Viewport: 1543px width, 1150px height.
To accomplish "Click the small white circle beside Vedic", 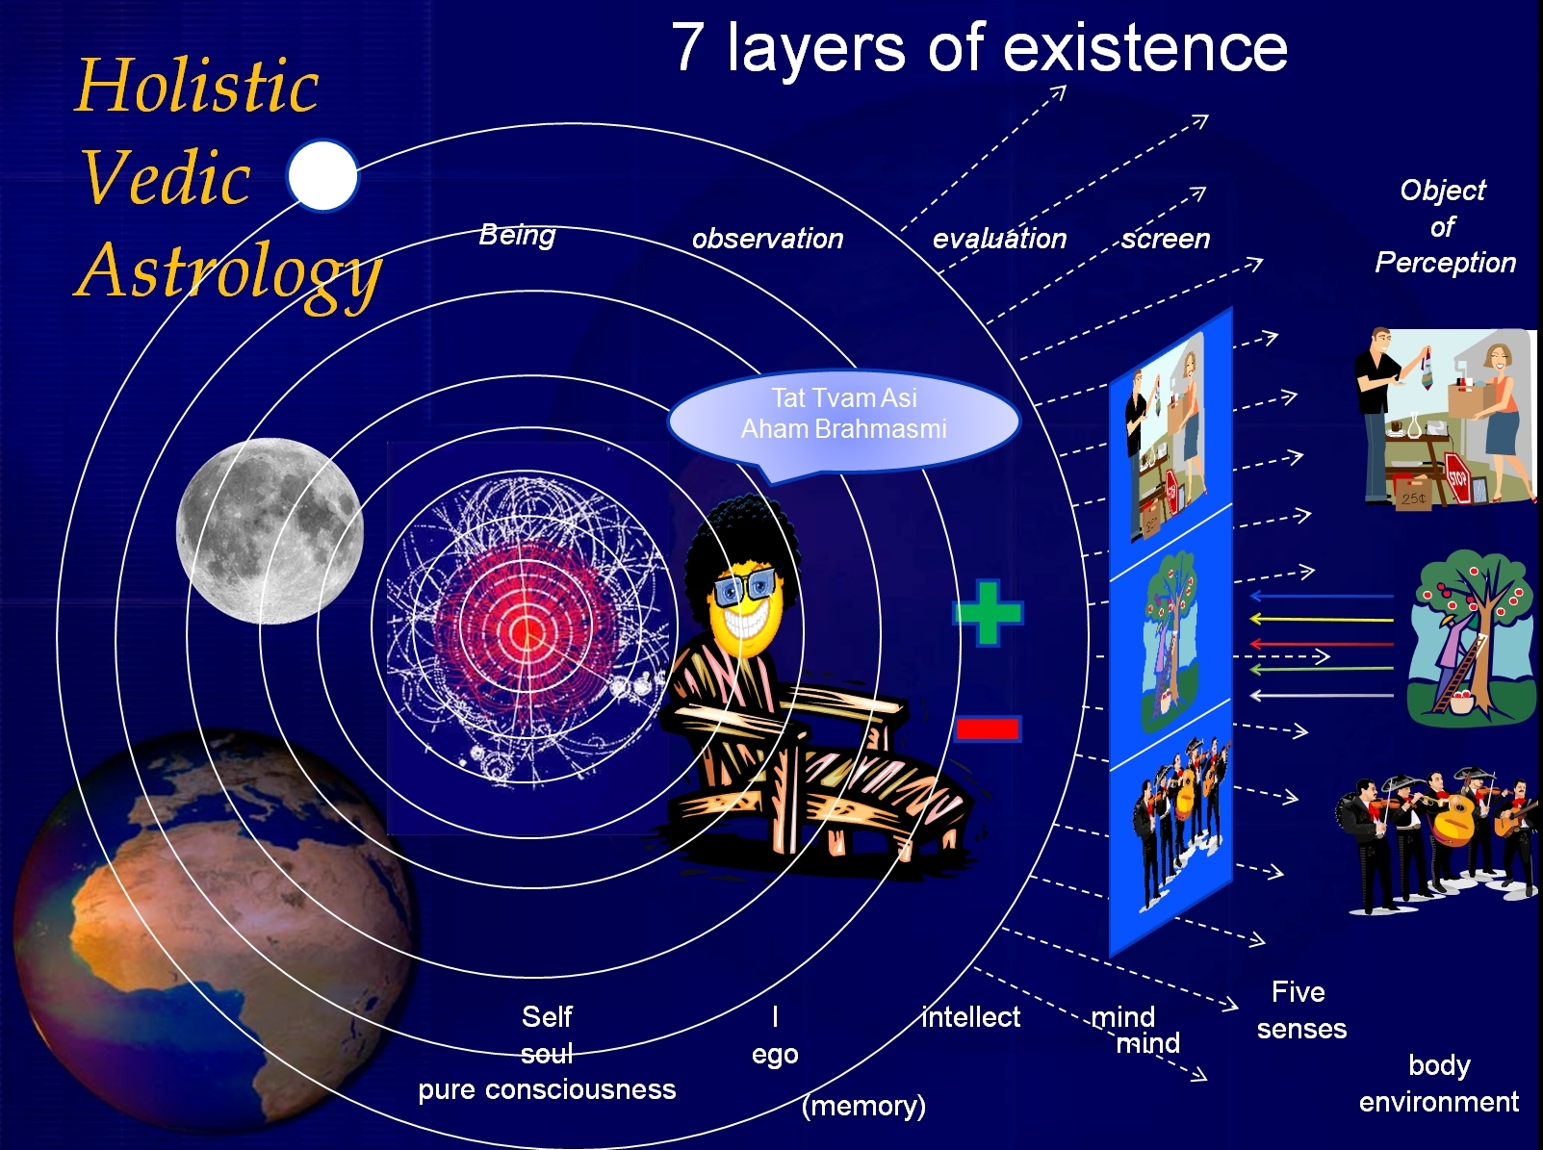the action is pos(322,175).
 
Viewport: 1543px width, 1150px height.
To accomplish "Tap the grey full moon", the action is pos(270,531).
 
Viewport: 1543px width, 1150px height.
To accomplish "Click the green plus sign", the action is pos(988,613).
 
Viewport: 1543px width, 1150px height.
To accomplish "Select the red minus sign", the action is pos(987,728).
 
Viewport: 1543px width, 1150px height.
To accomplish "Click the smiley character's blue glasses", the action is pos(745,584).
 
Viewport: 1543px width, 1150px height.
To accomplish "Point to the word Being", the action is pos(517,235).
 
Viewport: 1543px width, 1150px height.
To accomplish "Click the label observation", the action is pos(767,239).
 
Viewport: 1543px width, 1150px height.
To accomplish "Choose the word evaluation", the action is pos(999,239).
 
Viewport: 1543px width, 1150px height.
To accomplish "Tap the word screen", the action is pos(1166,239).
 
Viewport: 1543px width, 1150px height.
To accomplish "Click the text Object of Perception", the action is pos(1445,226).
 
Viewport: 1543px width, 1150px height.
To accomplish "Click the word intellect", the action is pos(971,1016).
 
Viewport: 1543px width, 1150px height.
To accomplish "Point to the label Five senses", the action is pos(1301,1010).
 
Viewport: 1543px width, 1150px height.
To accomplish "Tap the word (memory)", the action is pos(863,1106).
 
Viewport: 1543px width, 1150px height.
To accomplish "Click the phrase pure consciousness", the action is pos(547,1089).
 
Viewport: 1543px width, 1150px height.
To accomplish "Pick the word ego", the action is pos(775,1055).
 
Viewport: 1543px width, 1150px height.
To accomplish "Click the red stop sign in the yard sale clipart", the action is pos(1458,477).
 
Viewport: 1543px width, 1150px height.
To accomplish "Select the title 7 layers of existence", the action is pos(979,48).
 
